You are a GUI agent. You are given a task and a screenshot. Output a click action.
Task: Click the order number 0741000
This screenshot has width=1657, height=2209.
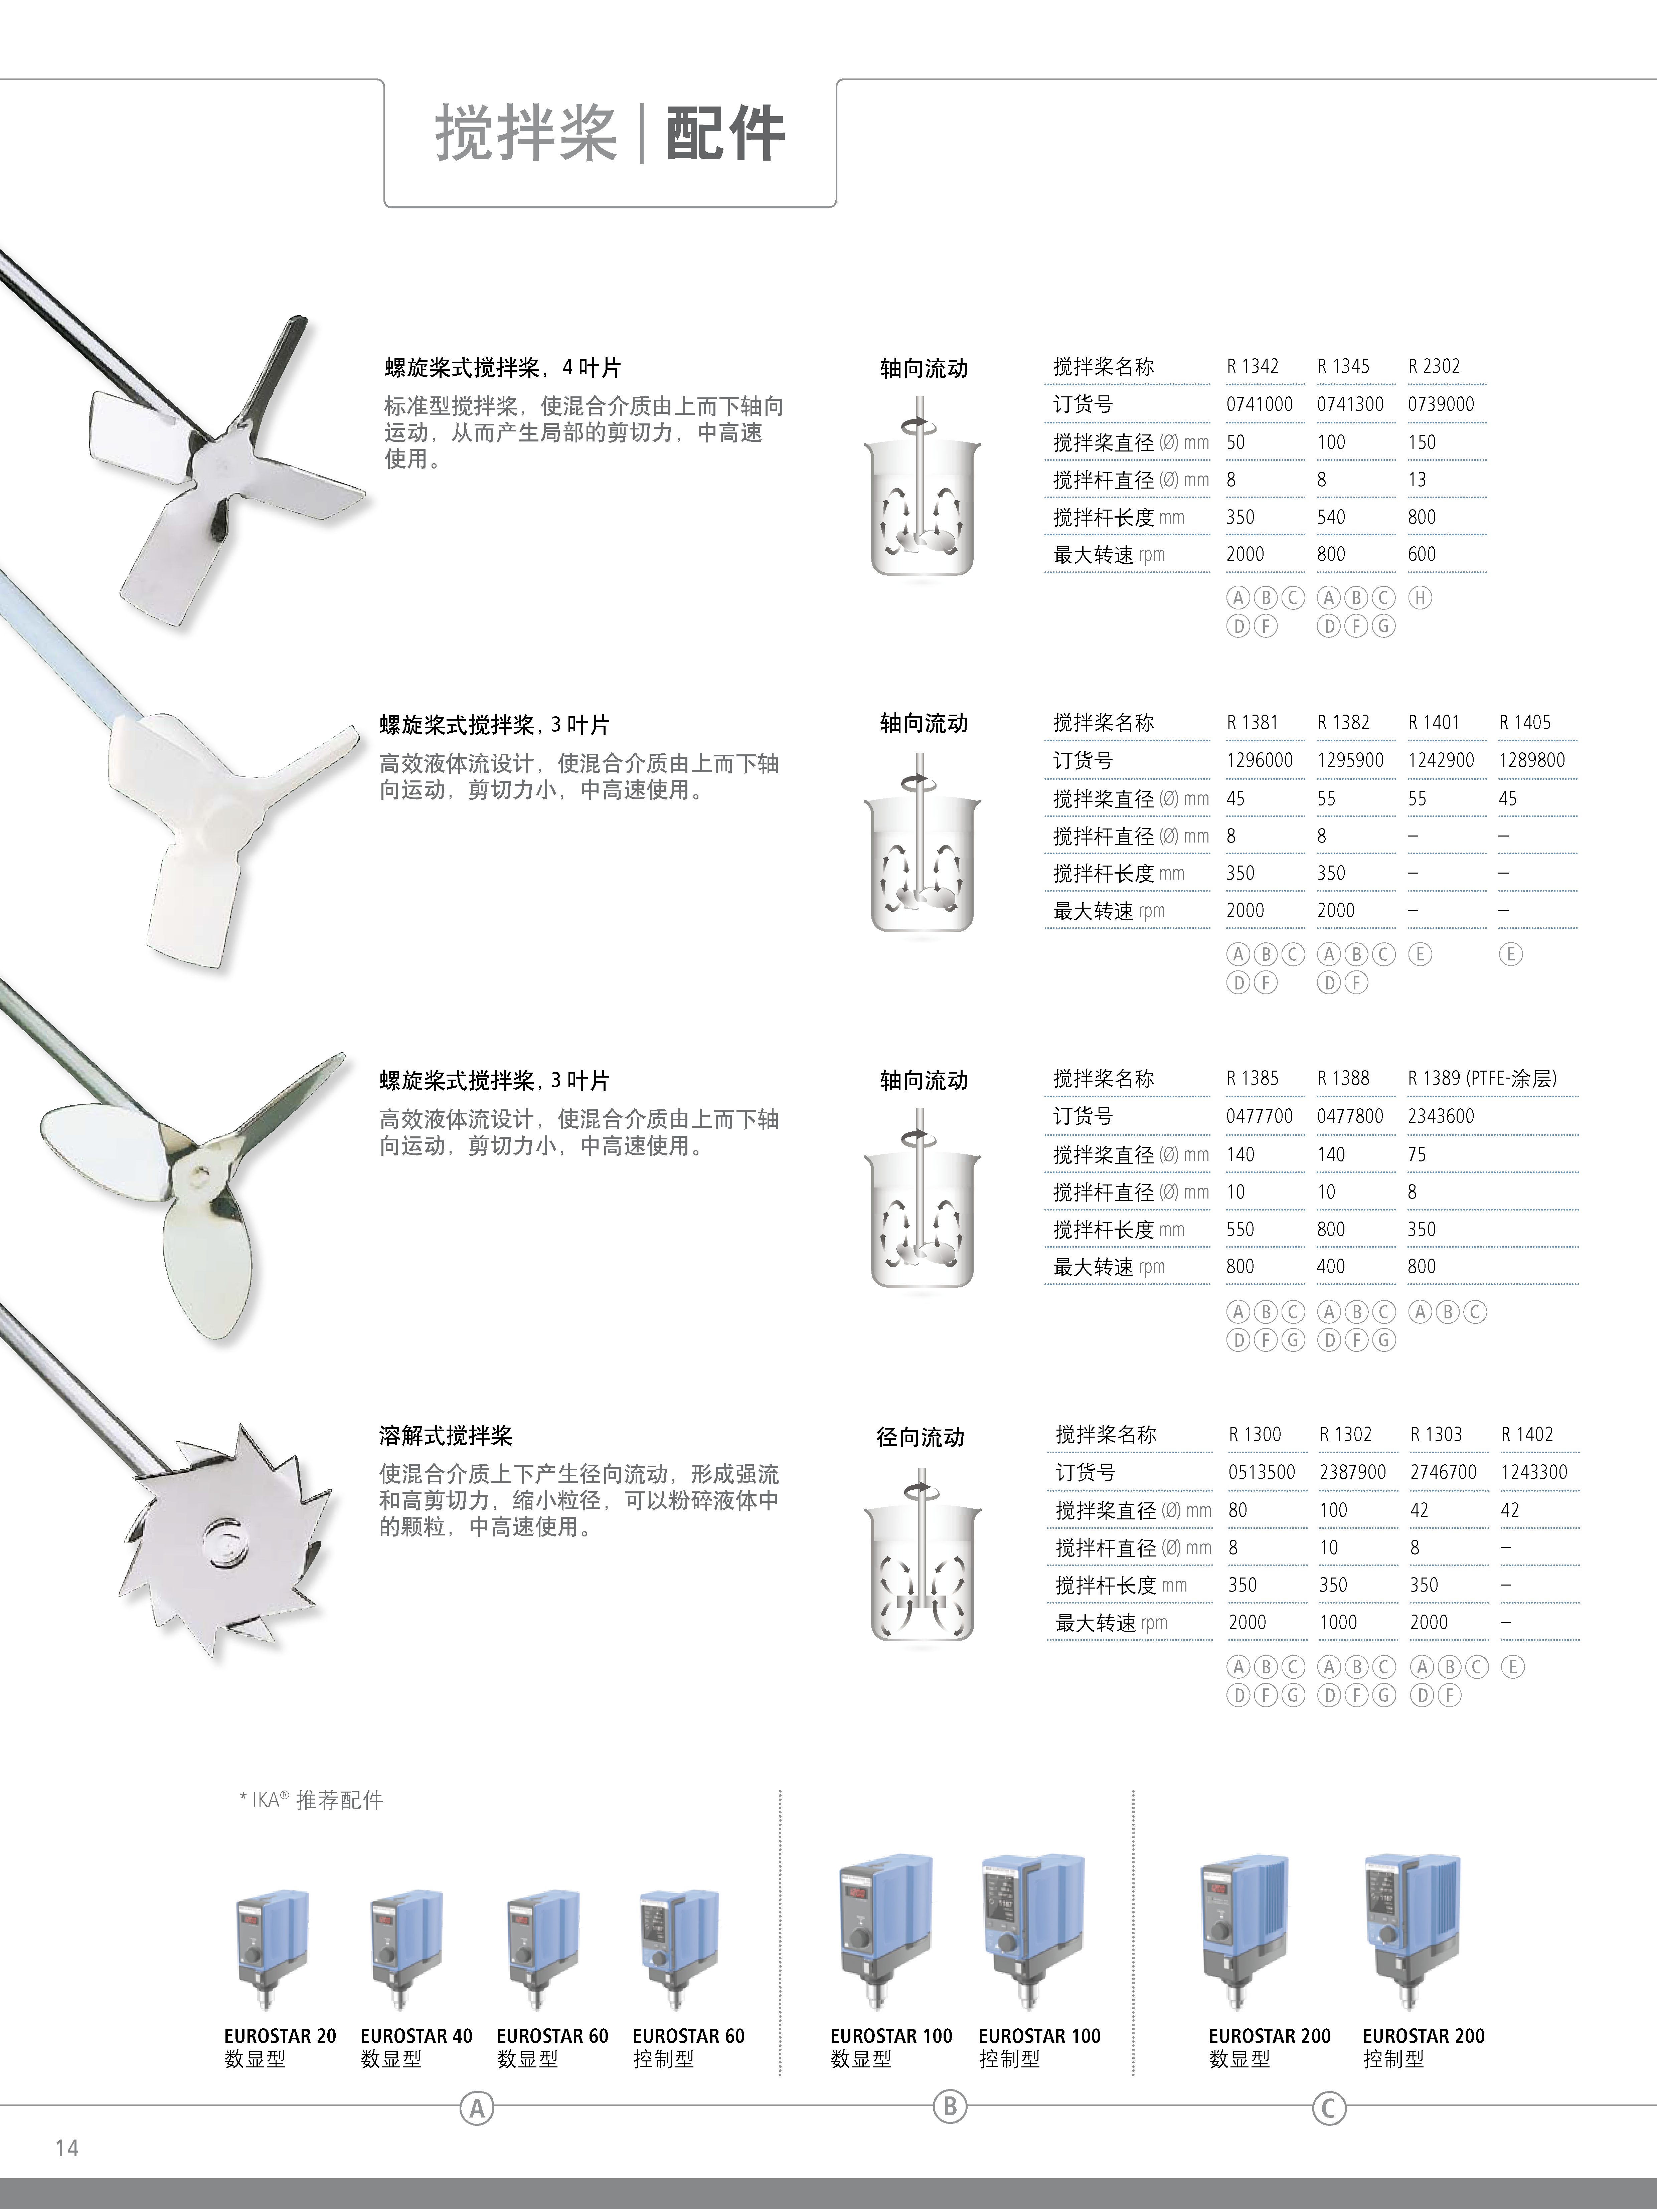point(1259,404)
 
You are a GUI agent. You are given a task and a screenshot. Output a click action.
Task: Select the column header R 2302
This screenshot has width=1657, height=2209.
point(1433,367)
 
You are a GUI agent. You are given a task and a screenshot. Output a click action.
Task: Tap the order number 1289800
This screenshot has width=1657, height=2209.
point(1531,760)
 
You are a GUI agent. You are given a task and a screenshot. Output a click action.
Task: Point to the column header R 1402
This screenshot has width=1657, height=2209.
point(1526,1434)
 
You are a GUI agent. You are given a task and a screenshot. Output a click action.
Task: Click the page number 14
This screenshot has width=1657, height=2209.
point(67,2148)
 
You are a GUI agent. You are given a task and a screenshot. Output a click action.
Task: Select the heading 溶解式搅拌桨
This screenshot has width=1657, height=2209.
point(446,1436)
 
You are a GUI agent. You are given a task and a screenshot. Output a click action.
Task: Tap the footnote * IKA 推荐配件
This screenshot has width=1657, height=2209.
point(312,1800)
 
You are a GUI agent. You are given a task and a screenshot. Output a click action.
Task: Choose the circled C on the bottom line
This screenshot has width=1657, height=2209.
point(1328,2108)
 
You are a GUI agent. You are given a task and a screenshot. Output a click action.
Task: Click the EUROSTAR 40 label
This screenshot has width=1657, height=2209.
point(416,2035)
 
